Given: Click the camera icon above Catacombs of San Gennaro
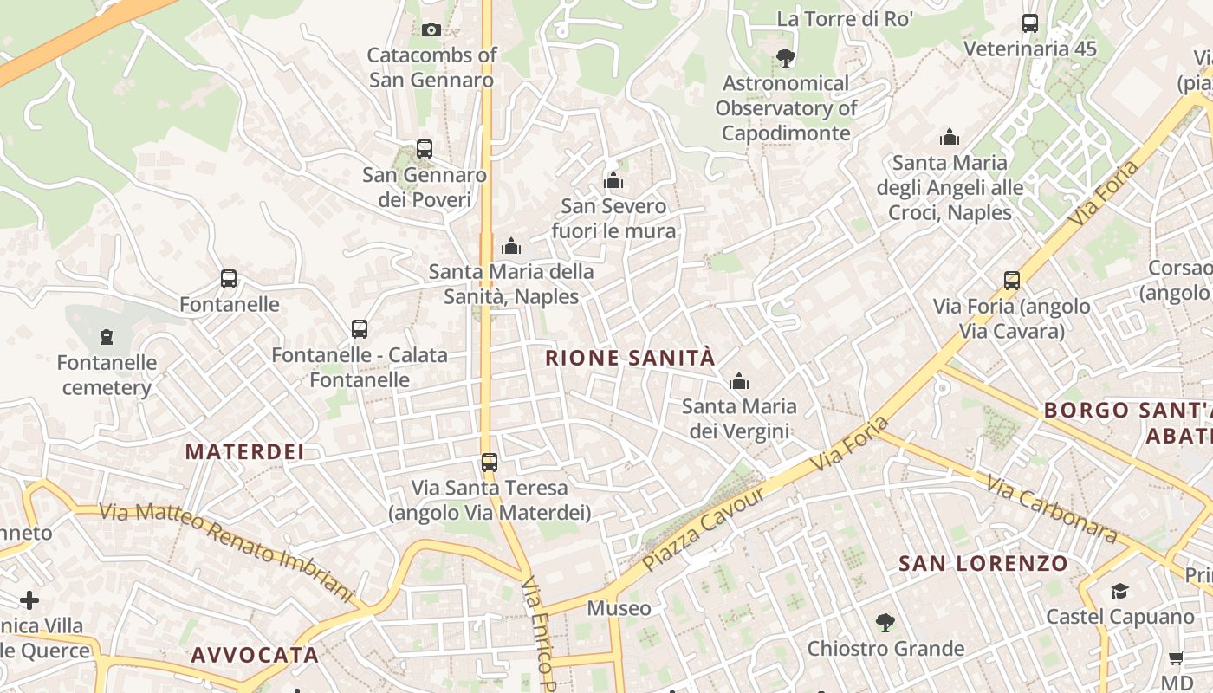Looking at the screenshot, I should click(x=431, y=30).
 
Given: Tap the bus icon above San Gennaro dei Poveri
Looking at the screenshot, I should click(x=425, y=149).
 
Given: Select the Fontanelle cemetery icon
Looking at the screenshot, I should click(x=107, y=336).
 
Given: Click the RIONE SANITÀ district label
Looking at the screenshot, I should click(x=630, y=358).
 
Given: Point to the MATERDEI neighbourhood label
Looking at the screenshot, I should click(x=244, y=451).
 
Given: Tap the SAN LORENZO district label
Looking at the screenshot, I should click(x=983, y=564).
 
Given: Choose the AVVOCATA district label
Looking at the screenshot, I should click(x=255, y=655).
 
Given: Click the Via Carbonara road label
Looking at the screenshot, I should click(x=1052, y=509).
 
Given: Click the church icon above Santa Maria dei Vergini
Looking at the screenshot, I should click(x=739, y=381).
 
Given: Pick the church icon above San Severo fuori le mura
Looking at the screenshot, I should click(x=613, y=180).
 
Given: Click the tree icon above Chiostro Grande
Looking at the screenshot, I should click(x=885, y=623).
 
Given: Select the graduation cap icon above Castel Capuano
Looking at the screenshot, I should click(x=1119, y=591).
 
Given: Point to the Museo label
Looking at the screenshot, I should click(x=619, y=608).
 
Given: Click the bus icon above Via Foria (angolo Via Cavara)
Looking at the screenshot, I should click(x=1012, y=281).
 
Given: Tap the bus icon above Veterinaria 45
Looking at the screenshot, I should click(x=1030, y=23).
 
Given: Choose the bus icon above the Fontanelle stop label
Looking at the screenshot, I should click(x=229, y=279).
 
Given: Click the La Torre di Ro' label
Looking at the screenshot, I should click(x=845, y=19).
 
